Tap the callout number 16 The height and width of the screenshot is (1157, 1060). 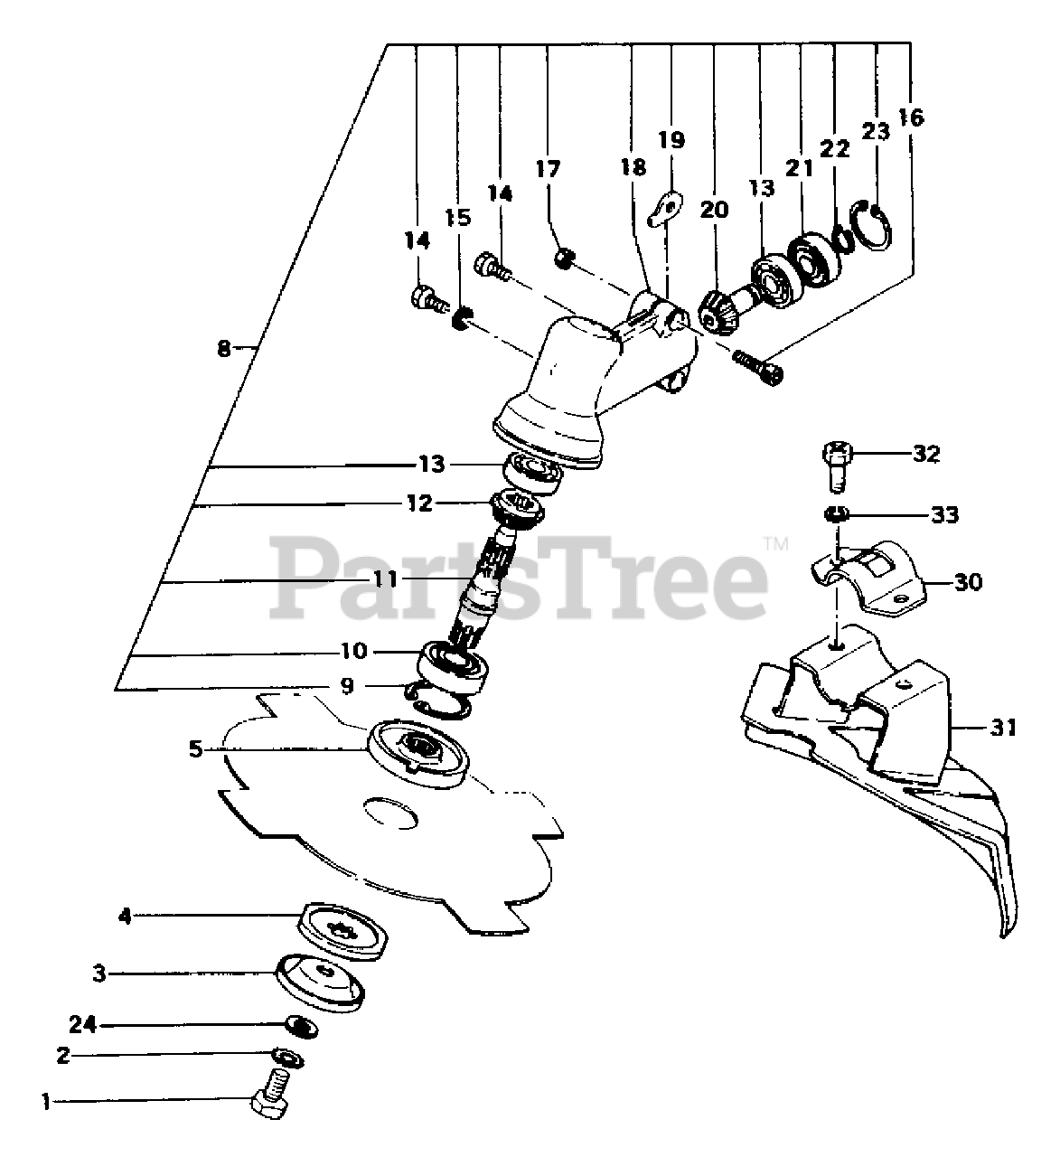click(x=912, y=117)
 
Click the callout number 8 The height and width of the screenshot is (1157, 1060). click(x=224, y=347)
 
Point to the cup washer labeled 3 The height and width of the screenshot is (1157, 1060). click(x=319, y=982)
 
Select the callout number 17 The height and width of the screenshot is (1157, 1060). click(x=548, y=169)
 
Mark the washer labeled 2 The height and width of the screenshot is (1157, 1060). click(x=290, y=1057)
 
